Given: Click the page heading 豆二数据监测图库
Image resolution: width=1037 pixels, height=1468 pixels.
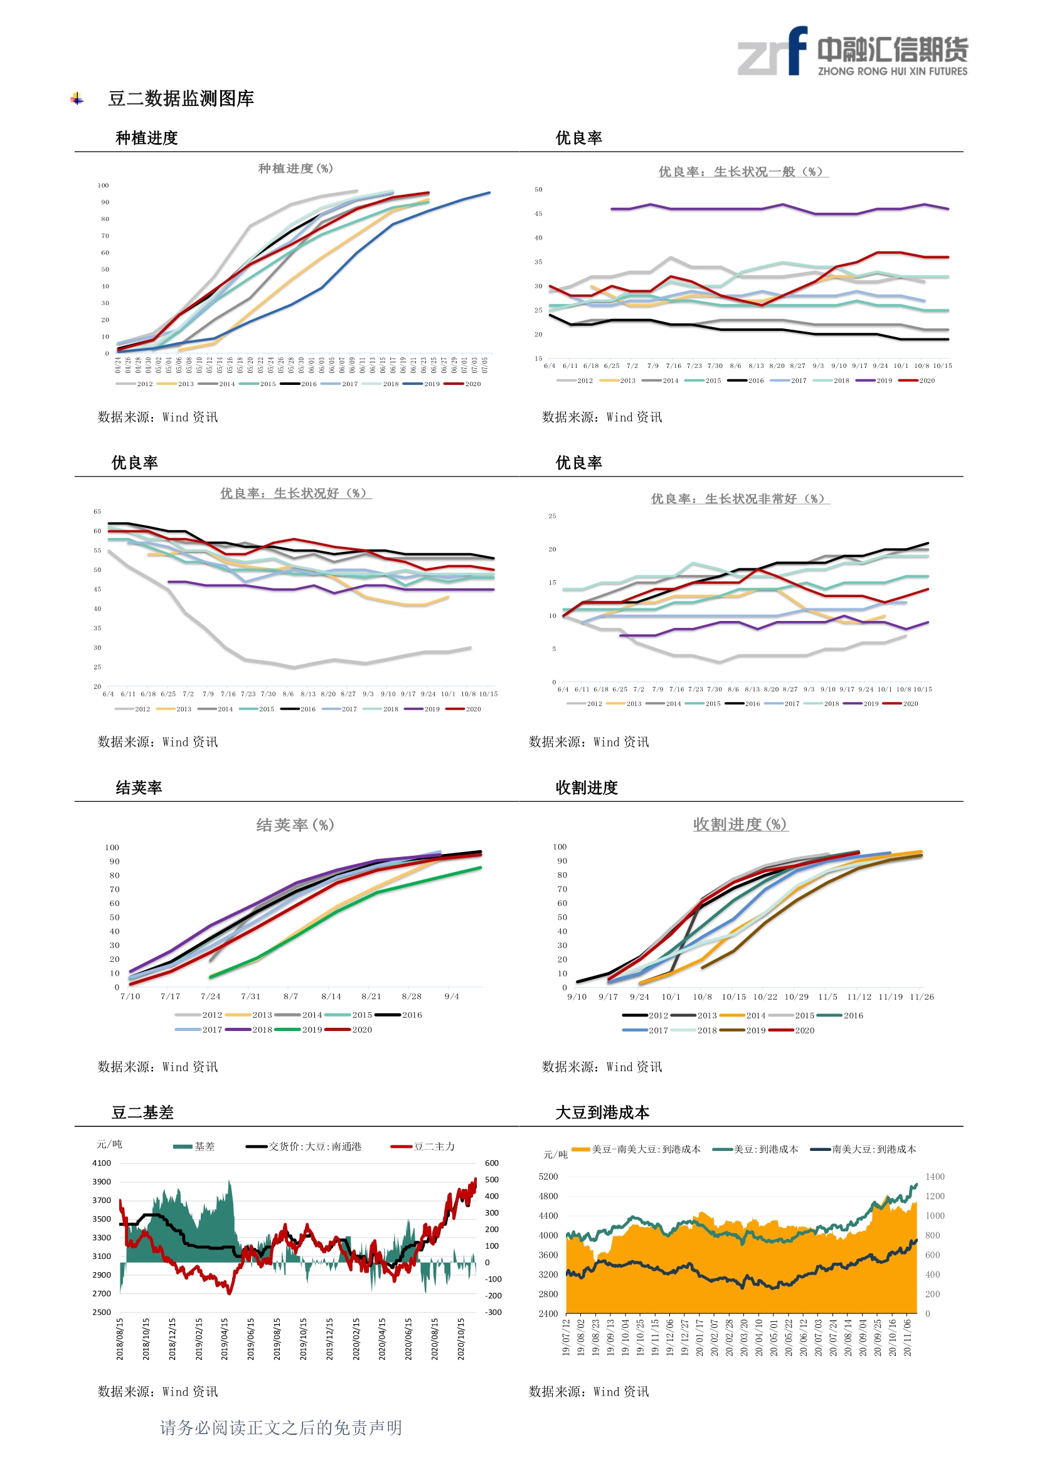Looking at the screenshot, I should click(181, 99).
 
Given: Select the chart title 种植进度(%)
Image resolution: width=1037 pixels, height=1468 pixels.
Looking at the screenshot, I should click(295, 168).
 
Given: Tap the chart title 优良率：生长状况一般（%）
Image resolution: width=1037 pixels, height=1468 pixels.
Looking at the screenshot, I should click(743, 171).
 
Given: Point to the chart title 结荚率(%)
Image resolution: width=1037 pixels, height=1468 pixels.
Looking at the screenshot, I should click(295, 825).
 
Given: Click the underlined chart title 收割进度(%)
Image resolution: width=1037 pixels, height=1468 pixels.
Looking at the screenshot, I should click(740, 824).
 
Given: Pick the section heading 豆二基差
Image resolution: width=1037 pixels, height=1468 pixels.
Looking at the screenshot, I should click(142, 1113).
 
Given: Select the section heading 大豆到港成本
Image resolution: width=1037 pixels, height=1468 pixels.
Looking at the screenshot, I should click(602, 1113).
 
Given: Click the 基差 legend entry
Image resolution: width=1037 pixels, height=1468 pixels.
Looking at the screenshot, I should click(195, 1147).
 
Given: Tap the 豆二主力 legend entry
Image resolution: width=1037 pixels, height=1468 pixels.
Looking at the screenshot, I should click(424, 1147).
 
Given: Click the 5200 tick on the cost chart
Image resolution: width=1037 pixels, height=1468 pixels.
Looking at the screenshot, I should click(548, 1177).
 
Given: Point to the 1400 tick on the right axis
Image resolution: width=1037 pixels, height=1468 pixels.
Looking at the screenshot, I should click(934, 1177).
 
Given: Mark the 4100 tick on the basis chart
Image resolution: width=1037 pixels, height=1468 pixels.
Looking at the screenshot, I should click(102, 1163).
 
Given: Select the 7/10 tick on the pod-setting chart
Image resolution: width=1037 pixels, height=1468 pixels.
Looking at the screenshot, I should click(130, 996).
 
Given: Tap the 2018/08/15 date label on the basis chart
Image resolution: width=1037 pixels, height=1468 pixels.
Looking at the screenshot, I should click(120, 1338).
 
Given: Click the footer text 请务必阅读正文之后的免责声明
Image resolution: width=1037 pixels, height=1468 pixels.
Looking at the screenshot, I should click(280, 1428).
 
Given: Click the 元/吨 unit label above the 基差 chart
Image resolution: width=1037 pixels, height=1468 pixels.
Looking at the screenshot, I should click(109, 1144).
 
